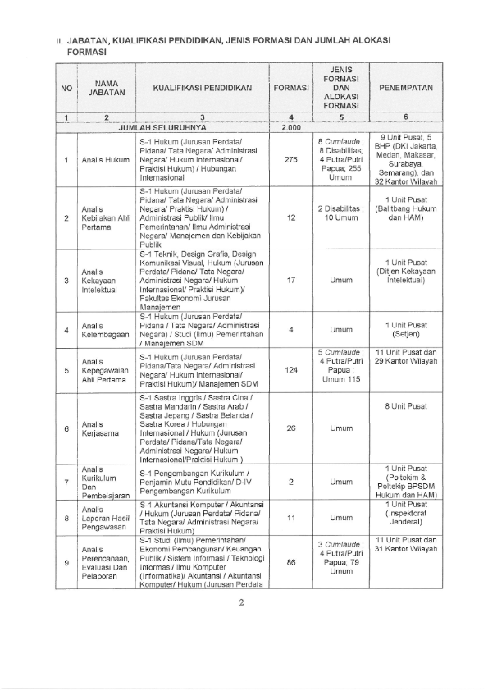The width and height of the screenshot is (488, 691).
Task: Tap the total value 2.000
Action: pyautogui.click(x=291, y=128)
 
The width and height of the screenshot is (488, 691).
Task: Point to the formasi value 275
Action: pyautogui.click(x=291, y=159)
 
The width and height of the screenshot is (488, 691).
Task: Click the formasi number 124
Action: pyautogui.click(x=291, y=370)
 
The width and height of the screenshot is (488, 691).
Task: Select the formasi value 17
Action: pyautogui.click(x=291, y=279)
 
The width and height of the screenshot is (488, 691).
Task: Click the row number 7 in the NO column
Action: pyautogui.click(x=66, y=482)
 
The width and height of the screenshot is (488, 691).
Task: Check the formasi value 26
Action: pyautogui.click(x=291, y=428)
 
